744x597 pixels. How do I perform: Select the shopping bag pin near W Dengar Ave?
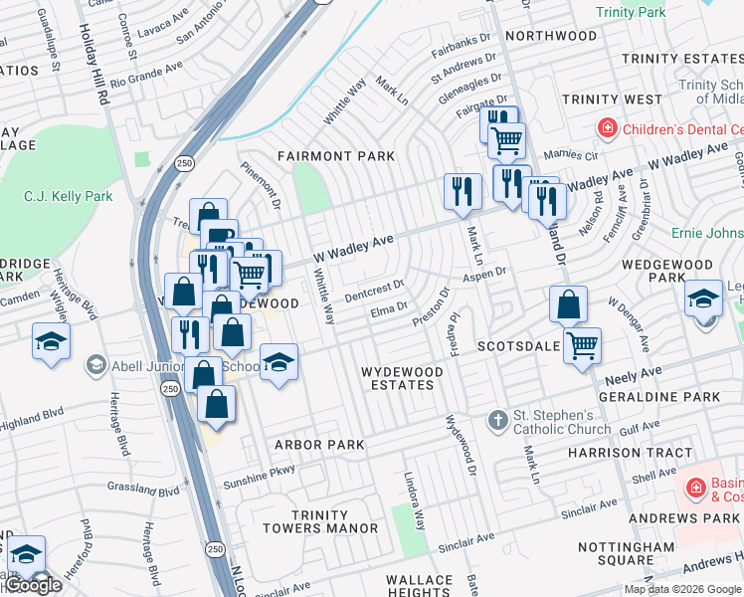[x=567, y=304]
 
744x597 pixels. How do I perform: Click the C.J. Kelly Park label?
[x=69, y=196]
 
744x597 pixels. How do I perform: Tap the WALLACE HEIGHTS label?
[x=420, y=586]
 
